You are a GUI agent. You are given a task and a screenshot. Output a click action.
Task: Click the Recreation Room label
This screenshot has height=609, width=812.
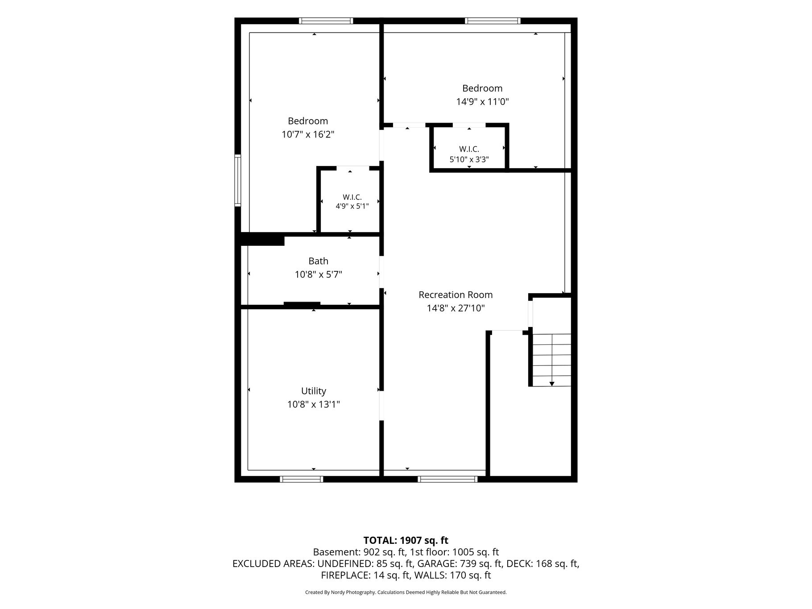[456, 295]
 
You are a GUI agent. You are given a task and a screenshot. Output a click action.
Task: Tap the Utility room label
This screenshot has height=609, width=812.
[314, 391]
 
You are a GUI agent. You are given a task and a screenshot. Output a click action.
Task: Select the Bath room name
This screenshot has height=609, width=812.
[318, 261]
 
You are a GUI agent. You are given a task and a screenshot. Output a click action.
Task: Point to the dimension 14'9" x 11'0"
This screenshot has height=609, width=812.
[482, 102]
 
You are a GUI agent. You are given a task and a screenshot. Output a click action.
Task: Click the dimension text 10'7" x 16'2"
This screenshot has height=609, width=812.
[308, 134]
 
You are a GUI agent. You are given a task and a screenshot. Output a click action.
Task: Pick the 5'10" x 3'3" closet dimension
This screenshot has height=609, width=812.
[469, 159]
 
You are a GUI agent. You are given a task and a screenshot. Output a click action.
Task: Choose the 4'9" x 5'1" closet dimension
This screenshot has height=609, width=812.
[352, 206]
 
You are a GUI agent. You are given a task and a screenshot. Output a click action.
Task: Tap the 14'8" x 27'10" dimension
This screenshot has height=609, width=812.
[456, 308]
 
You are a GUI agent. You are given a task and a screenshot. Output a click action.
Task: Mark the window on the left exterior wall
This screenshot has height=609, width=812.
[238, 180]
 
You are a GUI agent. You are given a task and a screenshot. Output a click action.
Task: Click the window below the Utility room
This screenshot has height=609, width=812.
[301, 479]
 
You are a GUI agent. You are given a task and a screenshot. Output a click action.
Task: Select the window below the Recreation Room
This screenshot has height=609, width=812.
[447, 479]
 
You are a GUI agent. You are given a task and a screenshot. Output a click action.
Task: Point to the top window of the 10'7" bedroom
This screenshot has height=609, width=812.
[326, 21]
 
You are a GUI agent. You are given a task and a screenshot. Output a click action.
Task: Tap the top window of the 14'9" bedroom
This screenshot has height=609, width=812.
[493, 21]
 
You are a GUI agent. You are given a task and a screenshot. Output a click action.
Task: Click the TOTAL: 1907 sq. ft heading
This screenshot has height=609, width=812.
[406, 540]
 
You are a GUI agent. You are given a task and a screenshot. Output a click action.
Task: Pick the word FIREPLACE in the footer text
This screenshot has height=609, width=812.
[344, 576]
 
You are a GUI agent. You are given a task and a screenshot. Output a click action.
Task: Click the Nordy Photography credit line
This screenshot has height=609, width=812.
[406, 592]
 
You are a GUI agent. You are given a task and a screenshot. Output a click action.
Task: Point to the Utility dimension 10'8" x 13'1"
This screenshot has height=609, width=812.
[314, 405]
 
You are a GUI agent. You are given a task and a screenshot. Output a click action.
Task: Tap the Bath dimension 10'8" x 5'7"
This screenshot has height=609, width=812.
[318, 274]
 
